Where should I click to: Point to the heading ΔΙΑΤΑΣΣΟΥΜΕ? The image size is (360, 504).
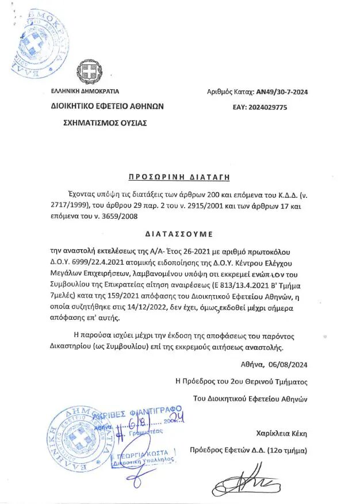point(178,234)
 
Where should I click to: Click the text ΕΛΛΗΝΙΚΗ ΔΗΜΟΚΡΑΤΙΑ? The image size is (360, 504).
point(85,91)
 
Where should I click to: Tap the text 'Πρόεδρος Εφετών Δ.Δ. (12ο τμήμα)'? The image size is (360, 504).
point(249,450)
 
